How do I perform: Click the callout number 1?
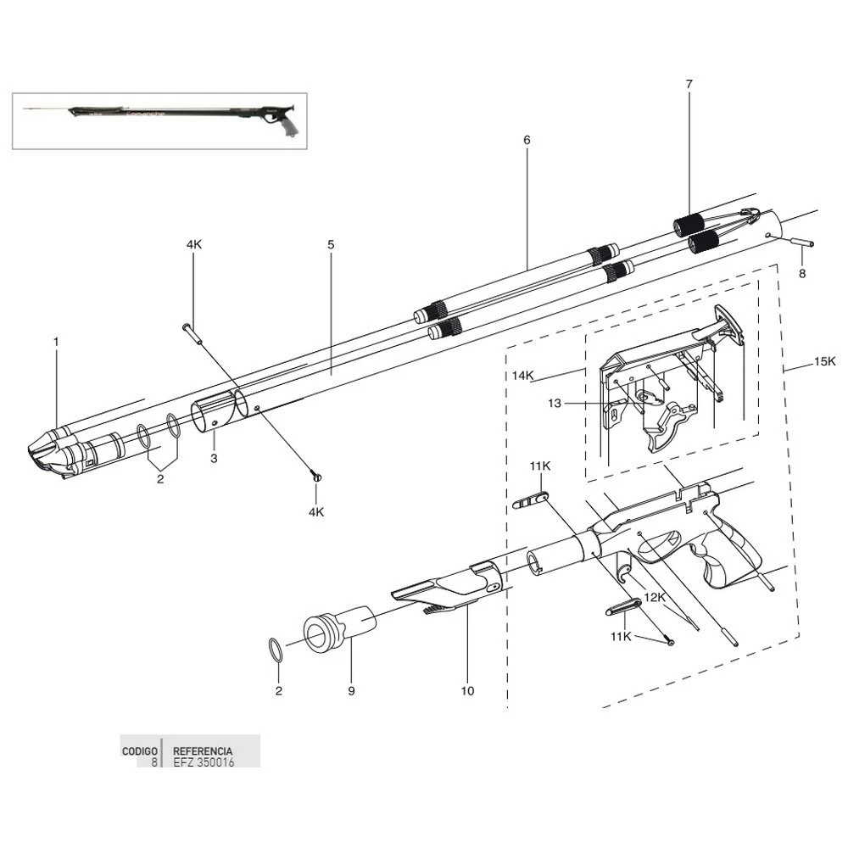point(56,341)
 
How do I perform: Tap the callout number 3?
point(214,458)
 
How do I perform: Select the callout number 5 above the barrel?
point(331,244)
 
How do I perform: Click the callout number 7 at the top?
point(689,84)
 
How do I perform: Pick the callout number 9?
point(351,691)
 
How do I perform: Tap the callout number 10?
point(467,691)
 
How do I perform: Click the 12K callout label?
point(654,598)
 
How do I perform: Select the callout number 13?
point(554,404)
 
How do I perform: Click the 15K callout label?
point(825,361)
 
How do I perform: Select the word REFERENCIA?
point(203,751)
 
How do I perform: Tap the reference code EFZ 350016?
point(204,762)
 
